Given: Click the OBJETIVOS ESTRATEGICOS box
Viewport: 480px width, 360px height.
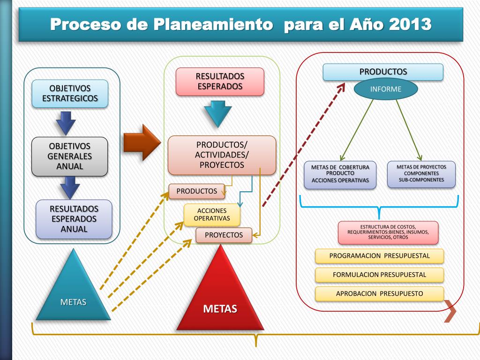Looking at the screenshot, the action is [70, 93].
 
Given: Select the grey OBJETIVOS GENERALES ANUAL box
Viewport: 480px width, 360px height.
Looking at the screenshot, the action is [69, 157].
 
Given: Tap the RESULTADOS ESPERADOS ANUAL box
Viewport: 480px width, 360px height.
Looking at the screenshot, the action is [74, 219].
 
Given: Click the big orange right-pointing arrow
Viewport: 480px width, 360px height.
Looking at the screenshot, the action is [142, 142].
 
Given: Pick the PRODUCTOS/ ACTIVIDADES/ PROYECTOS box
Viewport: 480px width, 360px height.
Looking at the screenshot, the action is [222, 155].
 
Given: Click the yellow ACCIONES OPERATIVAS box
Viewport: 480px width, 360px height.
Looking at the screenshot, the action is [212, 215].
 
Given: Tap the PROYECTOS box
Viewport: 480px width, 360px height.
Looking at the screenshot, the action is [224, 235].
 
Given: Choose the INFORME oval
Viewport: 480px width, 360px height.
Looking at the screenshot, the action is [386, 89].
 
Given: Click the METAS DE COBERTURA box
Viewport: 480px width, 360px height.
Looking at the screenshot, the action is [340, 175].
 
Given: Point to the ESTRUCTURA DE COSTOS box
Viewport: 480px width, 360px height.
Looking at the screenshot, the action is [388, 232].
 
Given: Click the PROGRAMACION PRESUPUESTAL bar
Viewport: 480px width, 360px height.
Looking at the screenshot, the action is [379, 256].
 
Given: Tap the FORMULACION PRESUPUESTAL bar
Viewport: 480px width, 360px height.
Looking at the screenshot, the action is [379, 275].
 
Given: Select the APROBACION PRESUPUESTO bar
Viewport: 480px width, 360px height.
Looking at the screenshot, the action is [379, 294].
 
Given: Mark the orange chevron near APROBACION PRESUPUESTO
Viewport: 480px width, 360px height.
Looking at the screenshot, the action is [450, 311].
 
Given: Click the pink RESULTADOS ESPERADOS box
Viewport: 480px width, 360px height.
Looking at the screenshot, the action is [220, 82].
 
